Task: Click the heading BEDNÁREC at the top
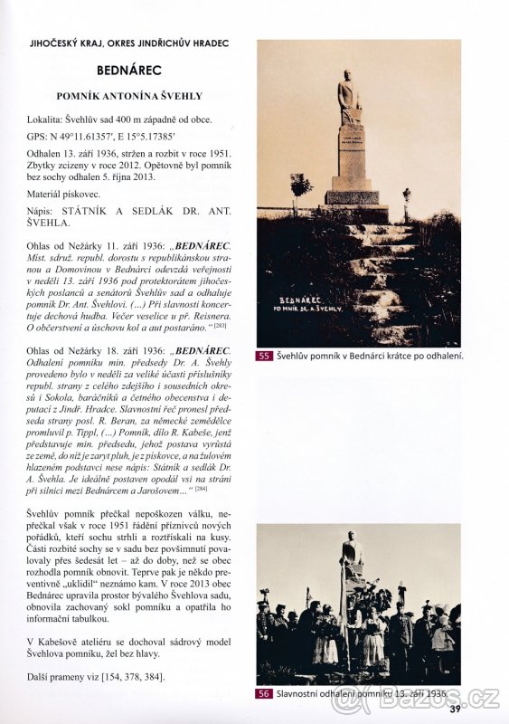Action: (x=128, y=69)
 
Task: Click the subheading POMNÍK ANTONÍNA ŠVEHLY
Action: (x=128, y=95)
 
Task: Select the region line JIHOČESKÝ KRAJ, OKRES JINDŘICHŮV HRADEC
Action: (x=128, y=43)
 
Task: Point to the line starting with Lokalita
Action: (x=120, y=119)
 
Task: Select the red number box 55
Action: (x=265, y=357)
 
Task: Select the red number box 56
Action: (x=265, y=694)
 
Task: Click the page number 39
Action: (x=455, y=708)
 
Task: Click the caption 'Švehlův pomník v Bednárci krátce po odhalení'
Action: (x=369, y=357)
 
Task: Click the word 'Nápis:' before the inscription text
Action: (x=42, y=210)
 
